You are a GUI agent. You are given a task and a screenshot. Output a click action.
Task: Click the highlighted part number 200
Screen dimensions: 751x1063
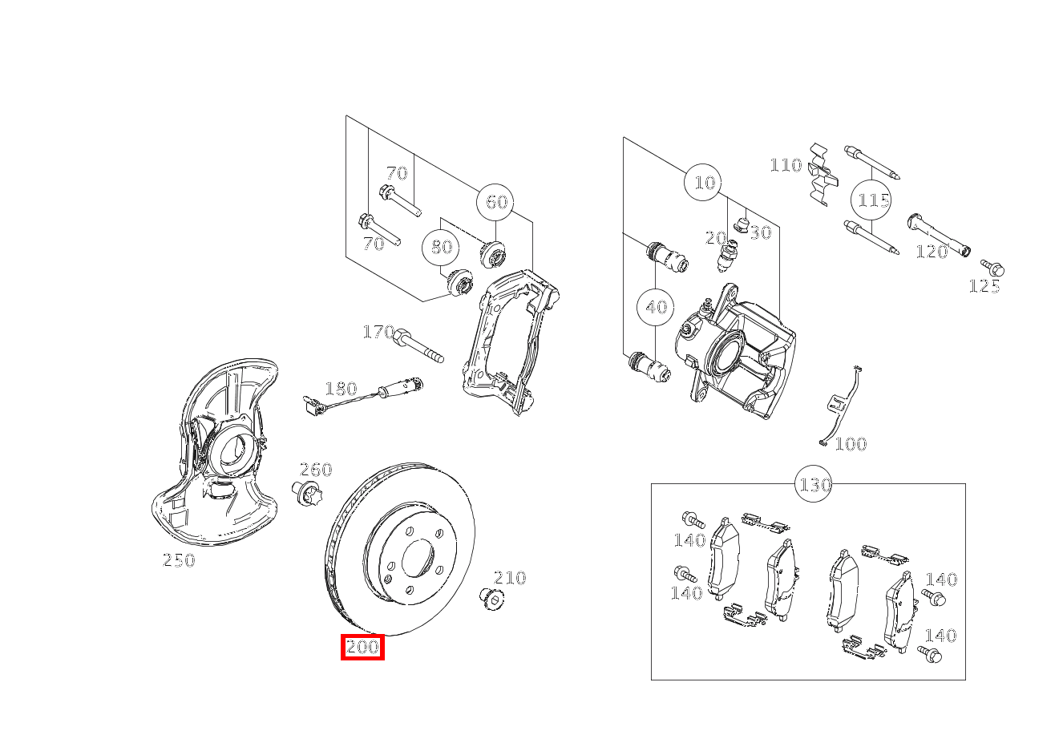click(x=362, y=647)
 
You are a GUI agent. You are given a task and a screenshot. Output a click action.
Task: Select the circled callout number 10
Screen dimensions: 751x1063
click(x=703, y=183)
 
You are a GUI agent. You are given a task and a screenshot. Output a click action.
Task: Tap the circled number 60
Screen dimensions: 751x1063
click(x=495, y=202)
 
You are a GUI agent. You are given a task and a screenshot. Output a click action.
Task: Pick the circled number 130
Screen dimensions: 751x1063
click(x=814, y=484)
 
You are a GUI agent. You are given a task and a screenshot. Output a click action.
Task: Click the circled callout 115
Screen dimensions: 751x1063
click(x=872, y=200)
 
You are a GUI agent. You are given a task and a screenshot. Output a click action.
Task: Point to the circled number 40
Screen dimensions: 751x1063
click(x=656, y=307)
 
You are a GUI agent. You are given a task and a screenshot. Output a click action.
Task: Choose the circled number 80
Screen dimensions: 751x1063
click(x=441, y=247)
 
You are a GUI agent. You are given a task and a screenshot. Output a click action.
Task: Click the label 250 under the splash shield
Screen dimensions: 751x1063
click(x=179, y=560)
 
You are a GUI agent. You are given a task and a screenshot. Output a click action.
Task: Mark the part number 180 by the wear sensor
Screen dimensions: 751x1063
click(x=340, y=389)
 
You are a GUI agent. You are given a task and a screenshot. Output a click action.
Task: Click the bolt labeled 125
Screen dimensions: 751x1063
click(x=992, y=268)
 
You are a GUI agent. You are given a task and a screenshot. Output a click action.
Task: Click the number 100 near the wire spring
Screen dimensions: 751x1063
click(x=850, y=444)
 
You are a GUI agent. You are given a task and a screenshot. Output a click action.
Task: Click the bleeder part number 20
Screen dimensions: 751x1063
click(x=715, y=237)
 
